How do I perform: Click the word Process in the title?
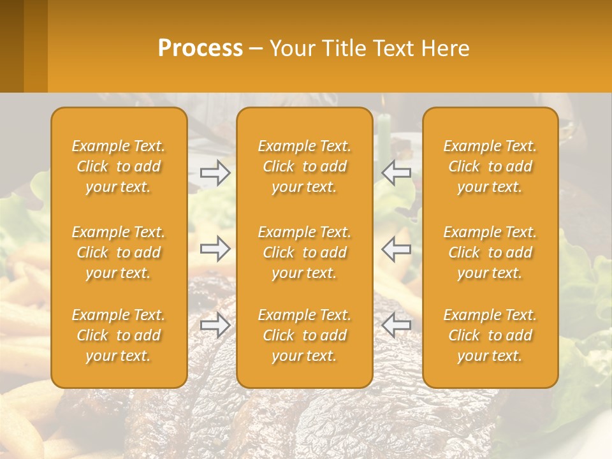coord(200,48)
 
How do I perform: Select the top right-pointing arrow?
coord(215,172)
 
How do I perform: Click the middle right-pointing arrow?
coord(215,249)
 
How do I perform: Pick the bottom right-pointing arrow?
coord(215,325)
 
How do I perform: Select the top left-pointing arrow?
coord(397,172)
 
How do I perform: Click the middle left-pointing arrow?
coord(397,249)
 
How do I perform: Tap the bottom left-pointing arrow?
coord(397,325)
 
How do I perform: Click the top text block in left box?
coord(119,166)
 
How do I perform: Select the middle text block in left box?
coord(119,252)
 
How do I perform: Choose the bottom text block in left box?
coord(119,335)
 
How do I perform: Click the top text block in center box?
coord(305,166)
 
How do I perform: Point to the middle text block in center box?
coord(305,252)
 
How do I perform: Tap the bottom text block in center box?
coord(305,335)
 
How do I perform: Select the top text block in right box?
coord(490,166)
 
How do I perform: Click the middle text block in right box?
coord(490,252)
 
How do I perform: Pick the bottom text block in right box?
coord(490,335)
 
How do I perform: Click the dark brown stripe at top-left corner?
coord(11,46)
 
